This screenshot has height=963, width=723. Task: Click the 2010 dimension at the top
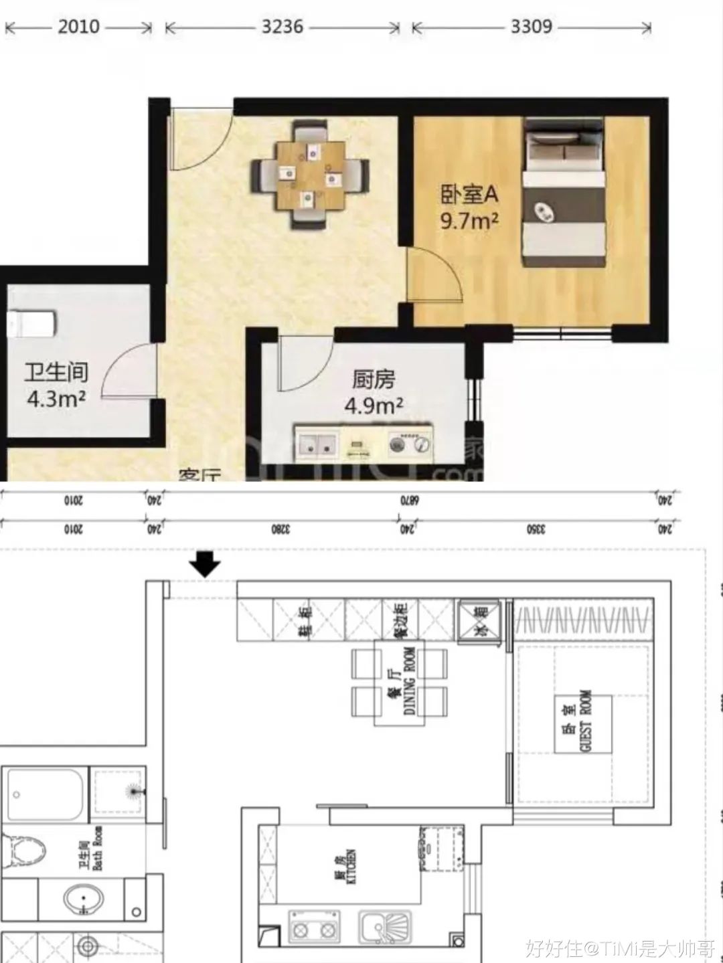click(x=78, y=27)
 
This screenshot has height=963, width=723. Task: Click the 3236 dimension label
click(x=282, y=27)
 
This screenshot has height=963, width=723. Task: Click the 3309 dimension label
click(x=531, y=27)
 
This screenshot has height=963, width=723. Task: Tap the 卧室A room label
click(x=469, y=195)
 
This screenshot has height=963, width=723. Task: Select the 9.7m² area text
click(x=469, y=220)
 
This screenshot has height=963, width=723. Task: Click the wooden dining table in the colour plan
click(x=310, y=174)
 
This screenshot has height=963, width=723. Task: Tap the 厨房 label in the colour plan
click(x=374, y=380)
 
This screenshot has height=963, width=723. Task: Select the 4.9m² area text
click(x=374, y=406)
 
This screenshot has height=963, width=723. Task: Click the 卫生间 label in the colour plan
click(x=56, y=373)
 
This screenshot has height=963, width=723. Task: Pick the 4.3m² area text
click(x=56, y=399)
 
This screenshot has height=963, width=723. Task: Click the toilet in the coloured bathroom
click(x=32, y=325)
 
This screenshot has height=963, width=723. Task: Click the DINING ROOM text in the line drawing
click(x=410, y=681)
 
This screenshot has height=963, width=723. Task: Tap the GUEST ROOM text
click(x=586, y=721)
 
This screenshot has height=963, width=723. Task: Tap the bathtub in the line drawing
click(x=46, y=794)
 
